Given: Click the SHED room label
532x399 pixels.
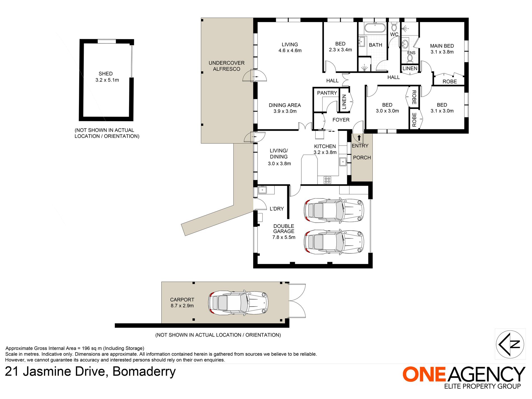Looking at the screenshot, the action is tap(106, 74).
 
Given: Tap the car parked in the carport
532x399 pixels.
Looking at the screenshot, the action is tap(238, 303).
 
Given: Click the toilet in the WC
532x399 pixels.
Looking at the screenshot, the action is tap(394, 27).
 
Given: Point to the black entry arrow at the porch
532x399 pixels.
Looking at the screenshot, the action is tap(359, 138).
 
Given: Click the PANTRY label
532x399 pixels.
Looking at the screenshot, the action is tap(327, 93).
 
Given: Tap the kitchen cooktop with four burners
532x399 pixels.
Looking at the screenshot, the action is tap(327, 180).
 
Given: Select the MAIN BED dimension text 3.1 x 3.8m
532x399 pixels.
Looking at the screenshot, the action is tap(442, 52).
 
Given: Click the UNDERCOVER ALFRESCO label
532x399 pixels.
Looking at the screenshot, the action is tap(227, 66).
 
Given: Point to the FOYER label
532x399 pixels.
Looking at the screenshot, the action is tap(341, 120).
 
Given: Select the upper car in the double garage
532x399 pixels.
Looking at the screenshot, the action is tap(334, 211).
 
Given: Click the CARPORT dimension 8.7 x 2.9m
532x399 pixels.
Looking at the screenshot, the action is tap(182, 305).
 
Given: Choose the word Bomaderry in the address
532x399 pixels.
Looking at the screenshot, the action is tap(144, 372).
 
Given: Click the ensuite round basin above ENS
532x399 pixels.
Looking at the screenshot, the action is tap(405, 44).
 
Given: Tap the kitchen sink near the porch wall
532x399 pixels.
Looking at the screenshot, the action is tap(343, 162).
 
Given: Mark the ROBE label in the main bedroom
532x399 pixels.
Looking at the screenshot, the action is tap(450, 81).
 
